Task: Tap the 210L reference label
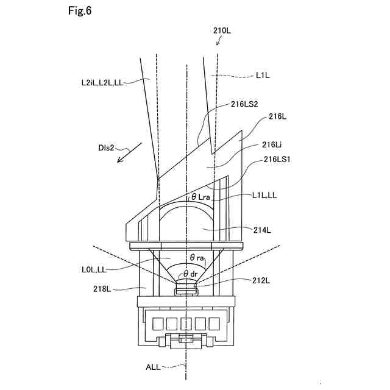tap(222, 29)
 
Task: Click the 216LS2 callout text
tap(246, 105)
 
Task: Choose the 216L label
tap(275, 116)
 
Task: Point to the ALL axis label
tap(154, 367)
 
